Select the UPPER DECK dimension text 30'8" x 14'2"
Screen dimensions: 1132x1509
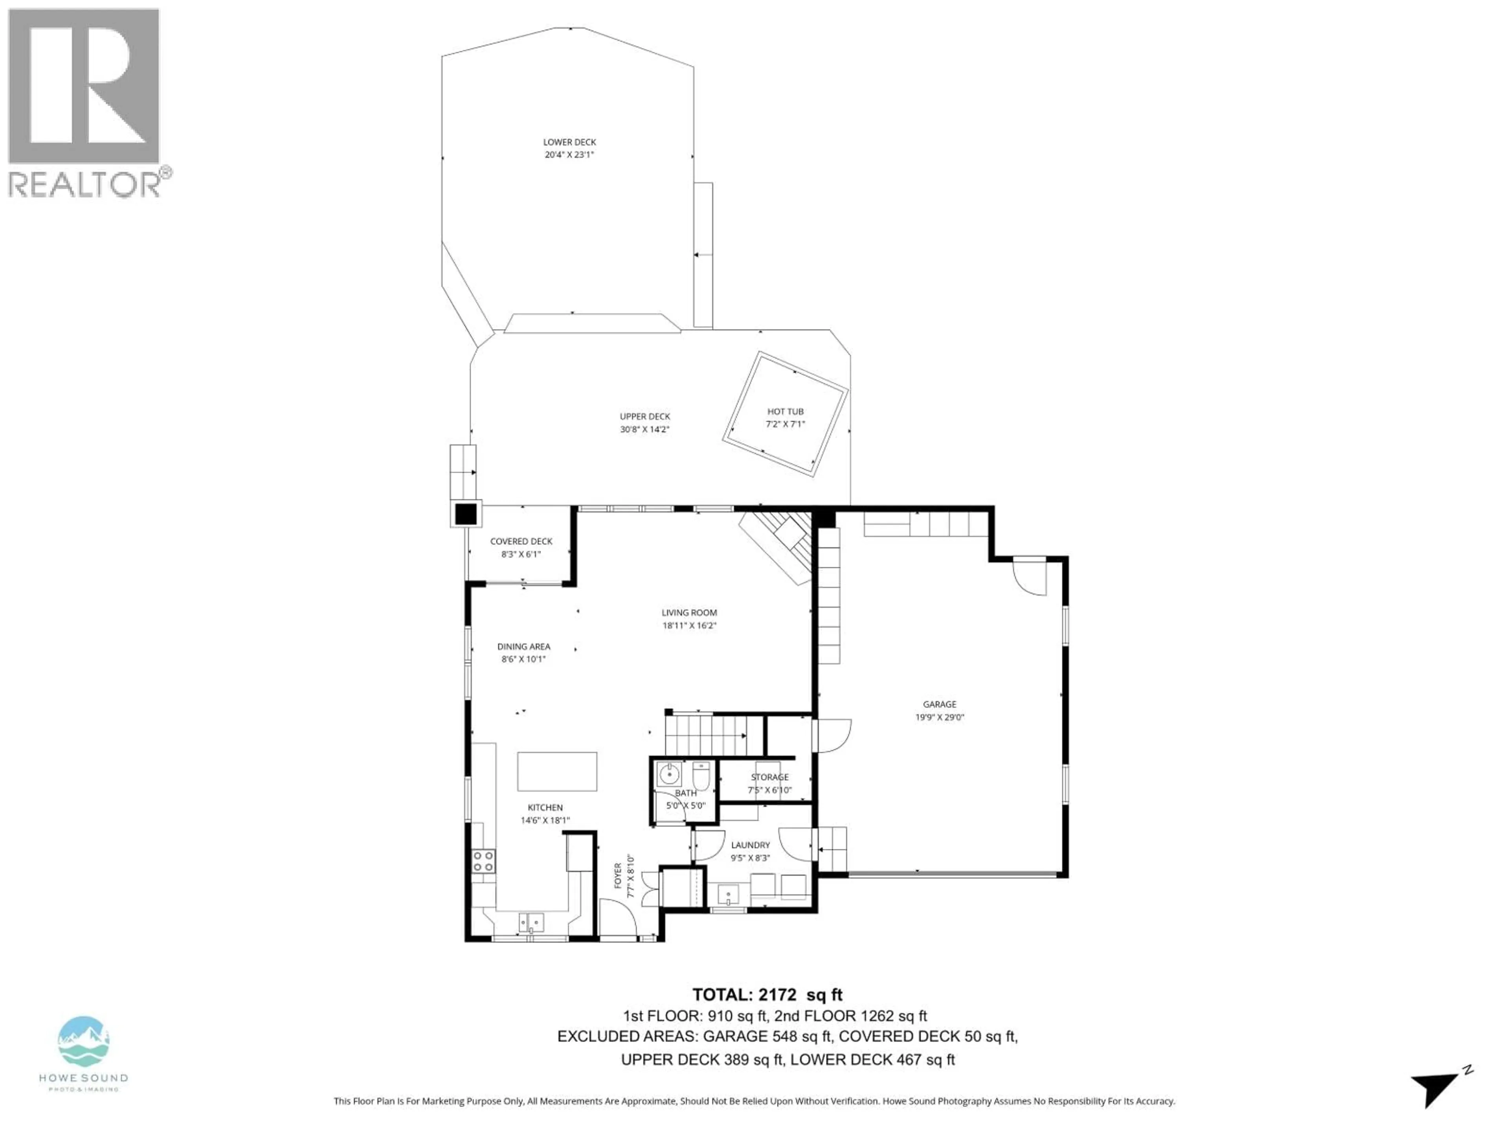[645, 429]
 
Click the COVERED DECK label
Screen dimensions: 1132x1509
[521, 541]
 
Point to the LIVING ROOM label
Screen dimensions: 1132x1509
[689, 613]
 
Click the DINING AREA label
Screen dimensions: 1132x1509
[523, 646]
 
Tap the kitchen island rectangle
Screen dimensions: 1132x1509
[557, 771]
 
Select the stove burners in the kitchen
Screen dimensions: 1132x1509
[484, 861]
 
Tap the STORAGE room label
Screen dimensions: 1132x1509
[769, 777]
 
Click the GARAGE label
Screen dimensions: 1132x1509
[939, 704]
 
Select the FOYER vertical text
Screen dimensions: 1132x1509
[618, 875]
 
